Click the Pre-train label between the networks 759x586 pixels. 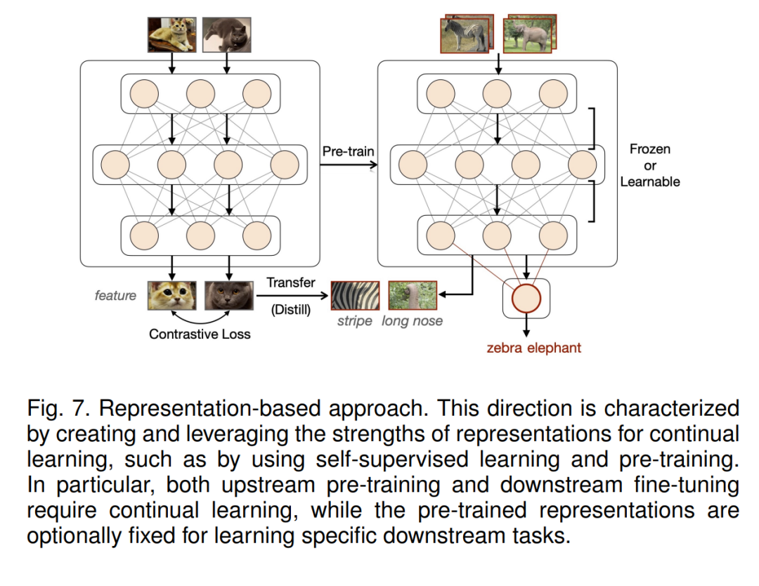pos(349,151)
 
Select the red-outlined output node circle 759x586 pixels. pos(526,299)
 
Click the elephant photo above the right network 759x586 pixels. pos(528,33)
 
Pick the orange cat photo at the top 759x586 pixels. pos(171,34)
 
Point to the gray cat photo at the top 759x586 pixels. pos(226,34)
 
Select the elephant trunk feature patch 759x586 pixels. pos(413,295)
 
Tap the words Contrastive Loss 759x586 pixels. pos(200,334)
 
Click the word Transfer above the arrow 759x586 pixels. pos(291,282)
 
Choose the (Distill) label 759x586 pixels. pos(291,309)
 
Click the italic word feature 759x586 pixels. pos(115,295)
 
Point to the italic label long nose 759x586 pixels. pos(413,321)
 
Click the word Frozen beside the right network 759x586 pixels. pos(650,149)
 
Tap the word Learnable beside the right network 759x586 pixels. pos(650,181)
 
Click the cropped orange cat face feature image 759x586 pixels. pos(171,295)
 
